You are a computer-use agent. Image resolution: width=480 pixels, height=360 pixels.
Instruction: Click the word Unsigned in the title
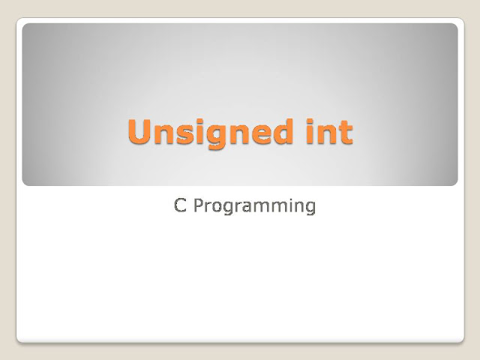point(210,133)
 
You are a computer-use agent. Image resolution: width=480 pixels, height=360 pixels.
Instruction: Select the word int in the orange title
point(330,132)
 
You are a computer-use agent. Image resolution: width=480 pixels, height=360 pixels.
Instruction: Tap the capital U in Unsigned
point(139,132)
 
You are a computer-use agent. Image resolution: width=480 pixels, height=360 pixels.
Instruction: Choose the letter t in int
point(345,133)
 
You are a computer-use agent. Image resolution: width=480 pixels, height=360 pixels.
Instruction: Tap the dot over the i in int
point(310,121)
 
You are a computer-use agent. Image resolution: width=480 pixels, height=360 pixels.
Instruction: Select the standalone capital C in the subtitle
point(180,205)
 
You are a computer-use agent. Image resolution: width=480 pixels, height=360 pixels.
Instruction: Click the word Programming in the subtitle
point(254,207)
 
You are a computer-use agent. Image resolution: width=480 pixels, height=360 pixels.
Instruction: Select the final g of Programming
point(310,209)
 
